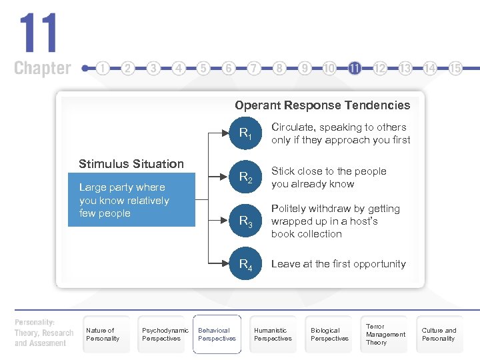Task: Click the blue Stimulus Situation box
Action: [x=131, y=200]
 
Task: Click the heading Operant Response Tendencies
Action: [x=322, y=105]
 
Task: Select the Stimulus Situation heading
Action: [x=131, y=164]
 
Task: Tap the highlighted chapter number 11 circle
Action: [x=355, y=68]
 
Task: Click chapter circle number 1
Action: [x=103, y=68]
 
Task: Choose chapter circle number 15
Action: [x=455, y=68]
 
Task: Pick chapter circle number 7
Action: [x=254, y=68]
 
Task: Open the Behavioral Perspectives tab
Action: [x=217, y=334]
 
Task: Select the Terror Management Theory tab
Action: [x=385, y=334]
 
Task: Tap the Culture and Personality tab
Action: [x=439, y=334]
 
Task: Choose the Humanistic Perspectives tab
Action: [x=273, y=334]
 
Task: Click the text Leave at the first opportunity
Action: [x=338, y=264]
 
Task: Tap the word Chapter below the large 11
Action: [x=42, y=68]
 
